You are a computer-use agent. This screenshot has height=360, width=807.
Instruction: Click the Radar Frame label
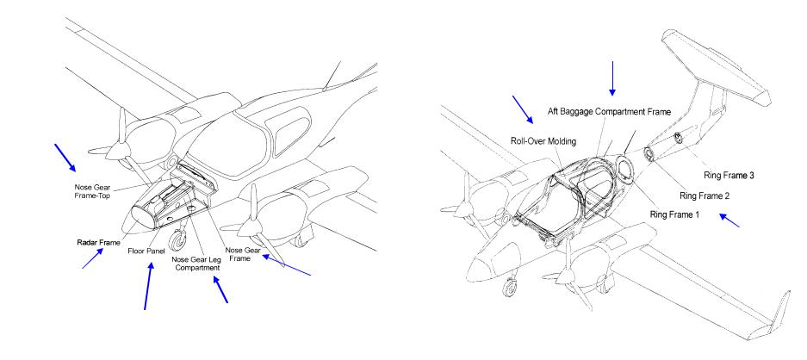(x=98, y=243)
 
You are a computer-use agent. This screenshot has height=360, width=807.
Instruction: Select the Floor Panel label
(x=146, y=251)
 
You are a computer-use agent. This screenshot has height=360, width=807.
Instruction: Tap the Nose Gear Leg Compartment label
(x=196, y=264)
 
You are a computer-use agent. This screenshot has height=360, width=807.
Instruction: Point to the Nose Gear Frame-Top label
(x=93, y=191)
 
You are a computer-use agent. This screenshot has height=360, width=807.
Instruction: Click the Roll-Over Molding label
(x=543, y=140)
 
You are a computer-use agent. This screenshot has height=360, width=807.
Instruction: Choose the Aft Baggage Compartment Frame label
(x=609, y=112)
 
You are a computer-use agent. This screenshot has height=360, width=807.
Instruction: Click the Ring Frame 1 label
(x=674, y=214)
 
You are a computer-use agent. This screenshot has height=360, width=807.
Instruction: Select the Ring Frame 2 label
(x=704, y=196)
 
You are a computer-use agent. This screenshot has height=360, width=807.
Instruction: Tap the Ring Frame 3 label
(x=729, y=176)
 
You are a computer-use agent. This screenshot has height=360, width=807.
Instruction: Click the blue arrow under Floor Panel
(x=148, y=286)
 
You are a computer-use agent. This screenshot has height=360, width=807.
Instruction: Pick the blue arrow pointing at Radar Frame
(x=93, y=258)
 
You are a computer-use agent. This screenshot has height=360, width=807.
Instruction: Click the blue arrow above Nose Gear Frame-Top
(x=65, y=158)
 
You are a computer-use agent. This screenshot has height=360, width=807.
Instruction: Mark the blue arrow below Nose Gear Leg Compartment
(x=220, y=289)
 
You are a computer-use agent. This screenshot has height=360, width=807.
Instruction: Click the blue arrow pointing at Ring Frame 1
(x=729, y=220)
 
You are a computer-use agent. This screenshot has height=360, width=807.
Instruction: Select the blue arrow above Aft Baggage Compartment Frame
(x=612, y=78)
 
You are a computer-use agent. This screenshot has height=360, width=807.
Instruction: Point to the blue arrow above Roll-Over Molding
(x=523, y=109)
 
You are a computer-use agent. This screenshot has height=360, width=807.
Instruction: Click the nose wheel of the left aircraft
(x=180, y=239)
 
